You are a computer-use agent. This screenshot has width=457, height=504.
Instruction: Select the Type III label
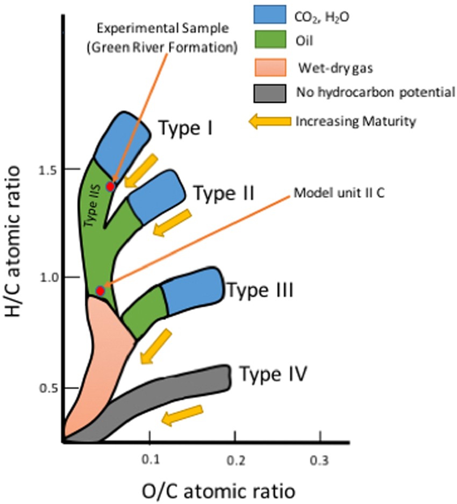tap(260, 291)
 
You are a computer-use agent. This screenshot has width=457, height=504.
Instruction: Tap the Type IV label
tap(273, 373)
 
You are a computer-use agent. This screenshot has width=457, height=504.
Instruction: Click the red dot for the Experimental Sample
tap(110, 187)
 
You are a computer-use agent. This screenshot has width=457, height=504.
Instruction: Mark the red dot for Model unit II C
tap(100, 291)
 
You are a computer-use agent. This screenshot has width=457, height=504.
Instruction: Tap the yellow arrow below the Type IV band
tap(183, 415)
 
